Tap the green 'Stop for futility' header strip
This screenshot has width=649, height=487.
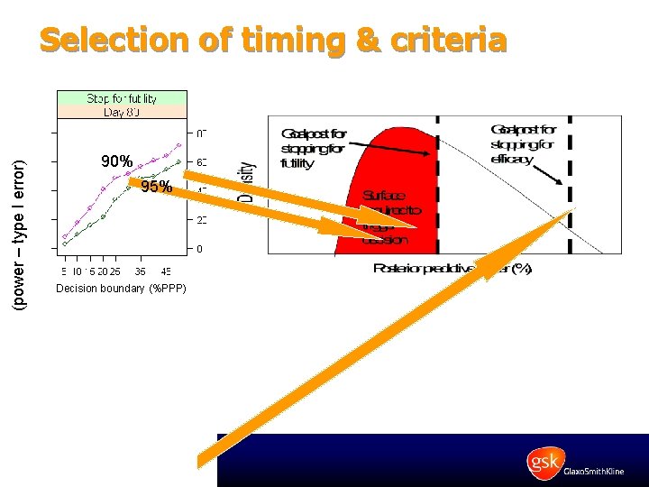point(122,98)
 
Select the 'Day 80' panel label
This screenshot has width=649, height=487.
point(122,112)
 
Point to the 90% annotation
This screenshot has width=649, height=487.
point(117,162)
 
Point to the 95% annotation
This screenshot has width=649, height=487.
point(156,188)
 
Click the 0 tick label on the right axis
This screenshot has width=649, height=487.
point(200,248)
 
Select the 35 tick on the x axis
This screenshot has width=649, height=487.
point(141,271)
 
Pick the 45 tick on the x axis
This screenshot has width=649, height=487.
point(167,271)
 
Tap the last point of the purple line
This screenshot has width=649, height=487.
point(179,144)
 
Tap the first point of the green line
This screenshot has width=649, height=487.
point(64,244)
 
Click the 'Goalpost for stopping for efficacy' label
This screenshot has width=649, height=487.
point(524,144)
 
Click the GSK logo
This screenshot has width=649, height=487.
point(546,463)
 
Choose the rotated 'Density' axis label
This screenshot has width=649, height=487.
point(245,180)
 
